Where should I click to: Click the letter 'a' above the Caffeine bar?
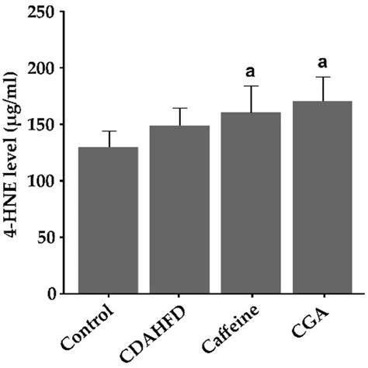click(x=251, y=72)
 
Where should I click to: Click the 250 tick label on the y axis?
click(x=48, y=12)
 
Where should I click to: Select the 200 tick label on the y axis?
click(x=48, y=68)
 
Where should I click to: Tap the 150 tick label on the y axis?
click(x=48, y=125)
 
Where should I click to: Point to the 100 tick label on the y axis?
click(x=48, y=181)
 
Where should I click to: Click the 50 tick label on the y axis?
click(x=52, y=238)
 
